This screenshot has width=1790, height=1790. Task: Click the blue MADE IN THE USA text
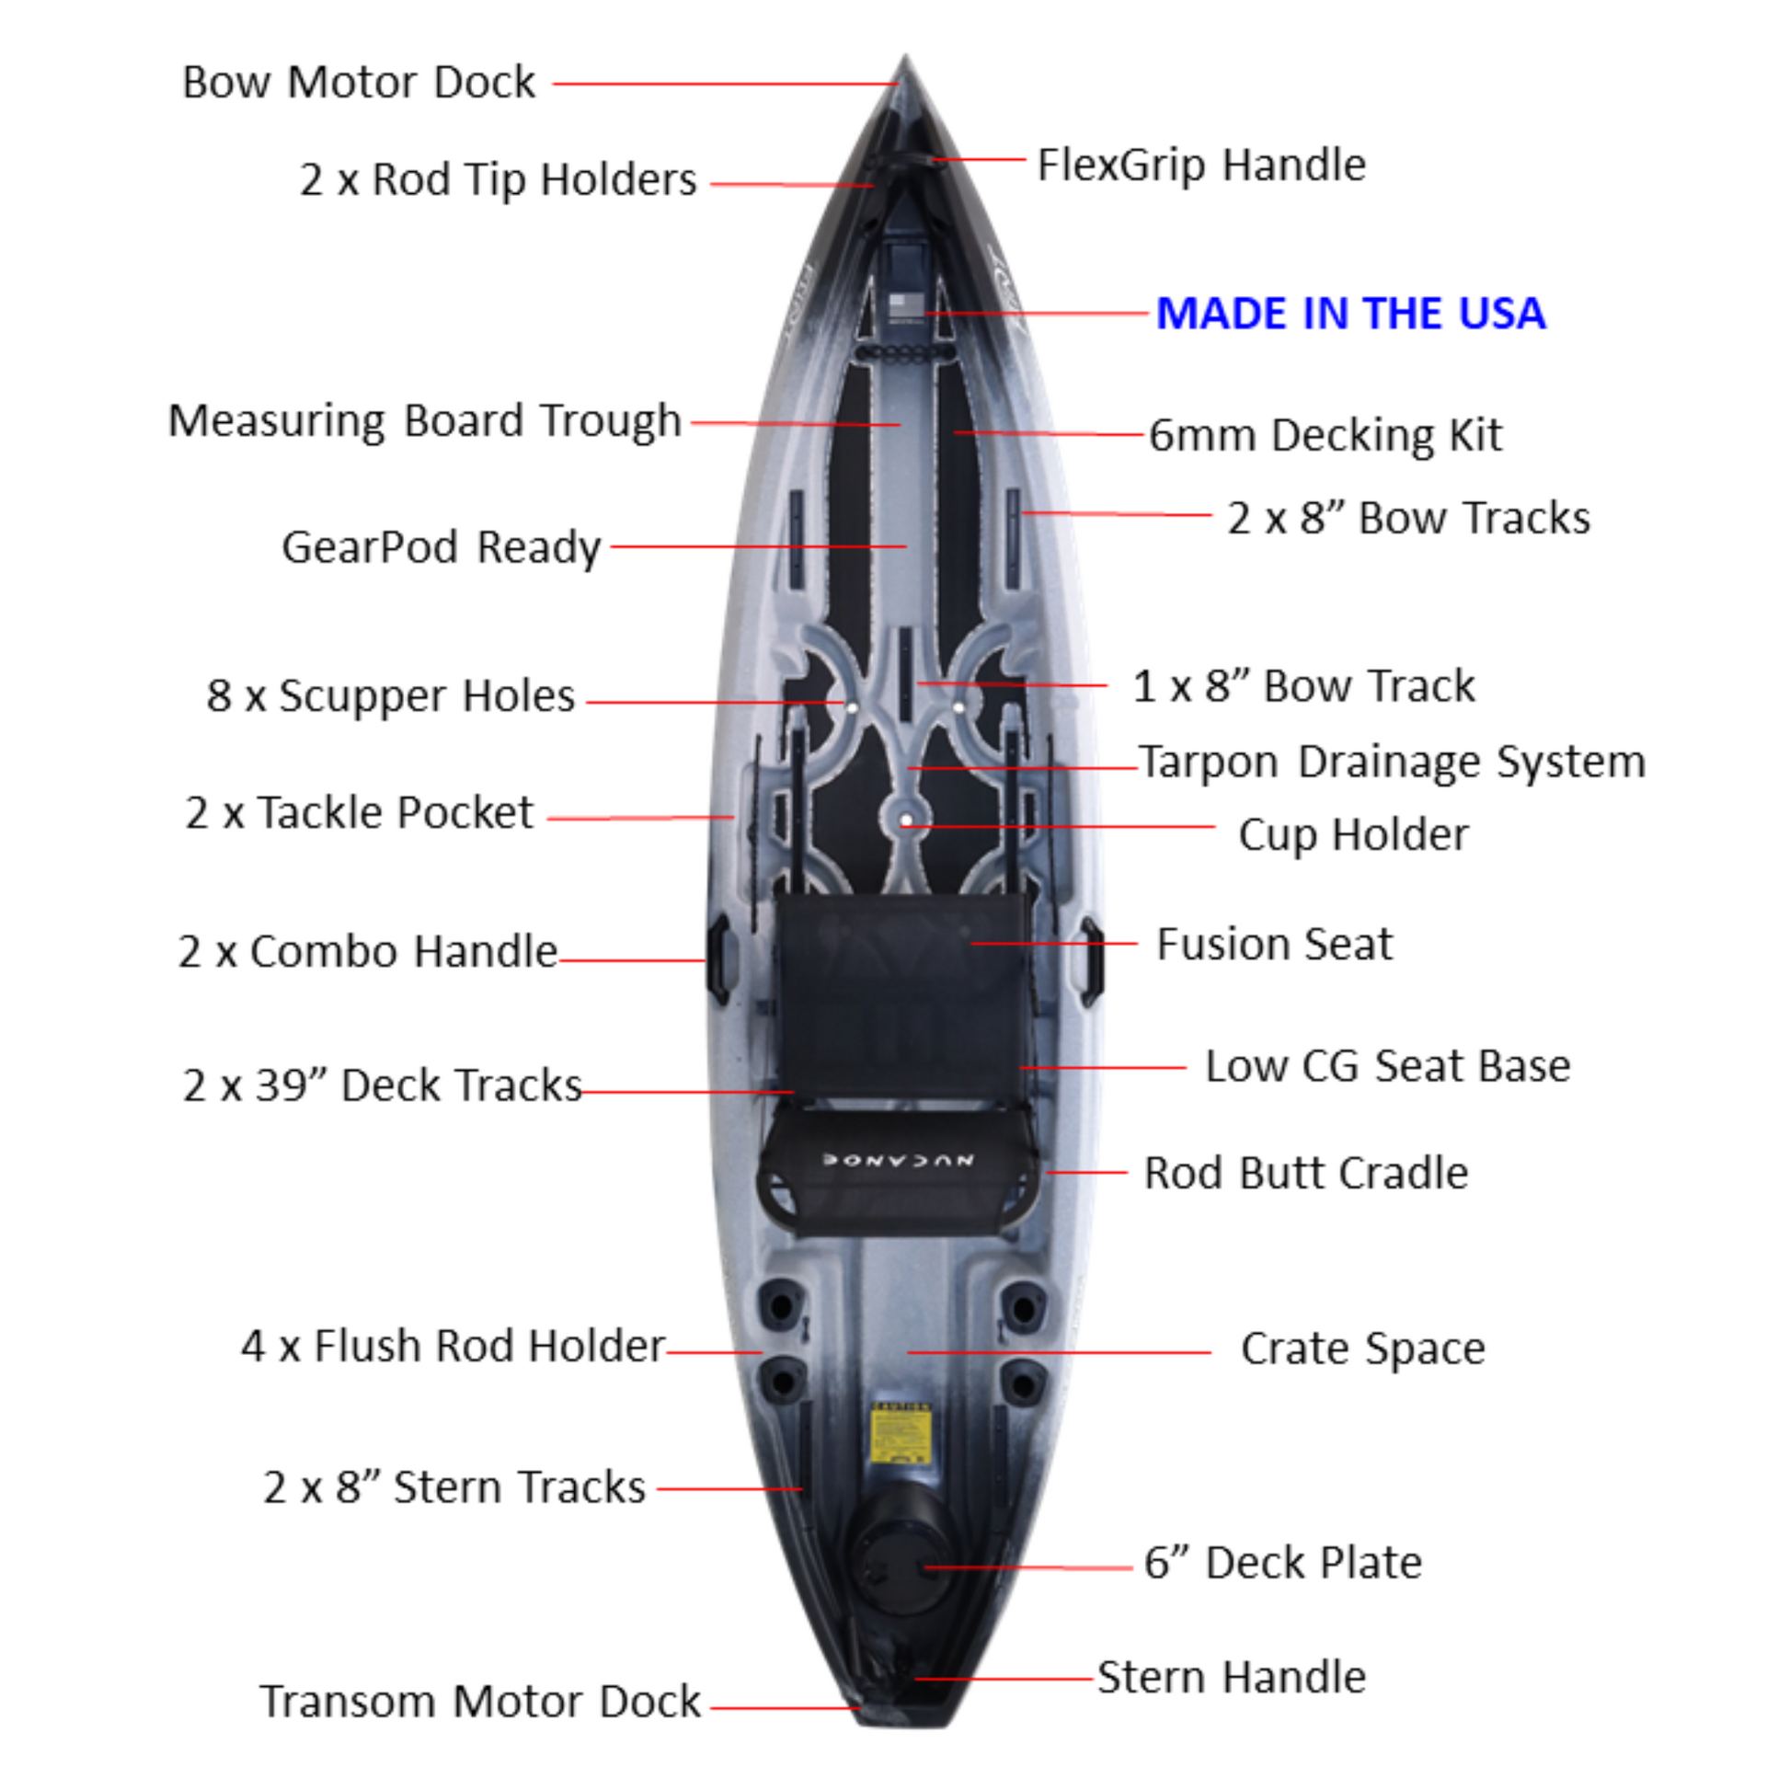pyautogui.click(x=1351, y=313)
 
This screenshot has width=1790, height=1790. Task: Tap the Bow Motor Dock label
pyautogui.click(x=359, y=83)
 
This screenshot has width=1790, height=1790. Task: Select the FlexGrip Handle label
pyautogui.click(x=1200, y=166)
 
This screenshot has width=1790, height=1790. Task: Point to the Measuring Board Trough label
pyautogui.click(x=424, y=421)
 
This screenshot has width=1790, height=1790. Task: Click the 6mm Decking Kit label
pyautogui.click(x=1325, y=435)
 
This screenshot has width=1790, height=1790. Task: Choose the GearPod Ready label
pyautogui.click(x=441, y=547)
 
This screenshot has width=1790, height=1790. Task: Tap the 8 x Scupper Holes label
pyautogui.click(x=390, y=695)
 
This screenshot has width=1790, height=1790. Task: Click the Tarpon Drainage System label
pyautogui.click(x=1392, y=763)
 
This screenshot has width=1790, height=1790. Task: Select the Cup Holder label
pyautogui.click(x=1353, y=835)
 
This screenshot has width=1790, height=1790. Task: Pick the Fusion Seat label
pyautogui.click(x=1274, y=945)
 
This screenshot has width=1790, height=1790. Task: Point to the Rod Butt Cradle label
pyautogui.click(x=1305, y=1173)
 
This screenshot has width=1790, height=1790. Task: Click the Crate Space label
pyautogui.click(x=1362, y=1348)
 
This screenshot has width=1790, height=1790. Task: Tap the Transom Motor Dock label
pyautogui.click(x=480, y=1701)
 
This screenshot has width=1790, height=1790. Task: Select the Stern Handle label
pyautogui.click(x=1232, y=1677)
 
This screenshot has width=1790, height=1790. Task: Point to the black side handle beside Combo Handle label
pyautogui.click(x=717, y=960)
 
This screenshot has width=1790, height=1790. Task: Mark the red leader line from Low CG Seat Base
pyautogui.click(x=1103, y=1067)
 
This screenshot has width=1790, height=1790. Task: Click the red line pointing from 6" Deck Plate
pyautogui.click(x=1028, y=1567)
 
